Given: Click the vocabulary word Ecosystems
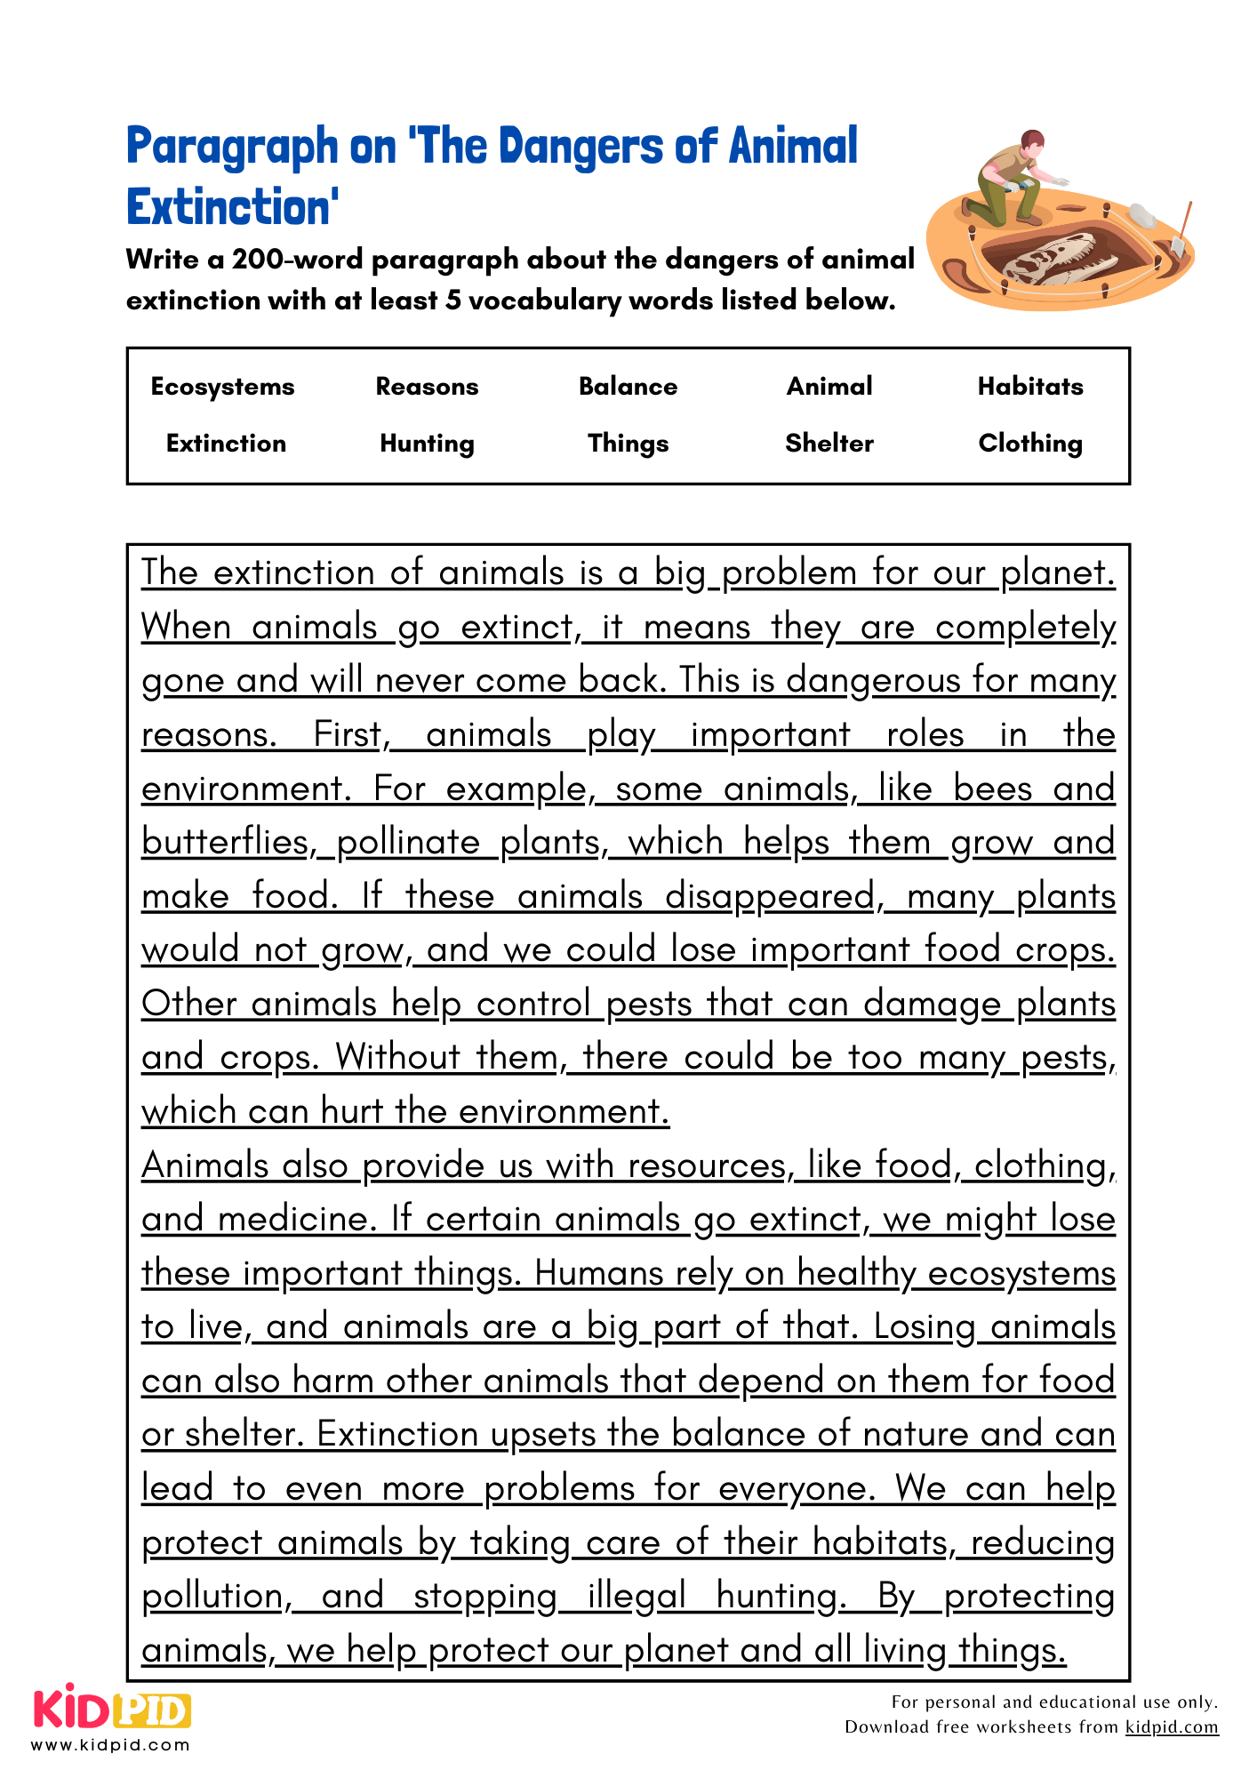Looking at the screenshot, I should (222, 387).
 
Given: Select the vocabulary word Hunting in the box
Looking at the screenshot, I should (427, 443).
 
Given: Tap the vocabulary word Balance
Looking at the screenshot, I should (628, 387).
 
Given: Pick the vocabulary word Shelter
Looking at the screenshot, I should (829, 443).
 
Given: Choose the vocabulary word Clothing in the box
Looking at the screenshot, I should (1030, 443).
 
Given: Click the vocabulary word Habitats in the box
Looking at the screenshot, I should (1030, 387).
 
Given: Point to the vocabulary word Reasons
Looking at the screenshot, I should (427, 387).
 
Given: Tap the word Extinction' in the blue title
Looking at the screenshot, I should (233, 207).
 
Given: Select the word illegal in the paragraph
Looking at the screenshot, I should (637, 1597).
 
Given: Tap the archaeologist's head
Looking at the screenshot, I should (1032, 142).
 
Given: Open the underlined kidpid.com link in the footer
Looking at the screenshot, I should (1172, 1726).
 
